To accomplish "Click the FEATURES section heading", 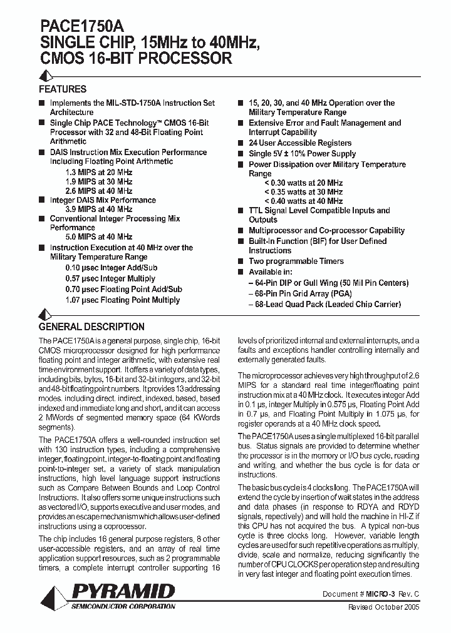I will (63, 89).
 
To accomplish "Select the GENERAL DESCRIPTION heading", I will (91, 327).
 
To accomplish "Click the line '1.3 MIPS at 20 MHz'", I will (98, 171).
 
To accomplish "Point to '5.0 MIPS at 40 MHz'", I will (98, 237).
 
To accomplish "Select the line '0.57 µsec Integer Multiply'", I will (110, 278).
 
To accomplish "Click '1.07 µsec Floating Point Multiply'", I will (123, 300).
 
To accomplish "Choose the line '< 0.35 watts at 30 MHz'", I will (303, 192).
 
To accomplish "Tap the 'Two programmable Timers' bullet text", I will (296, 261).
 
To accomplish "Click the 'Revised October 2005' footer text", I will (383, 607).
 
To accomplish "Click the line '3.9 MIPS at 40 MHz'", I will (98, 210).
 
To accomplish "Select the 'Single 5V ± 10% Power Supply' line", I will (302, 154).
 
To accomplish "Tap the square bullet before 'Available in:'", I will (241, 273).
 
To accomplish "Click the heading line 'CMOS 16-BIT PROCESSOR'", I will (135, 59).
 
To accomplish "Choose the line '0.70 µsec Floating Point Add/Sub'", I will (123, 289).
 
